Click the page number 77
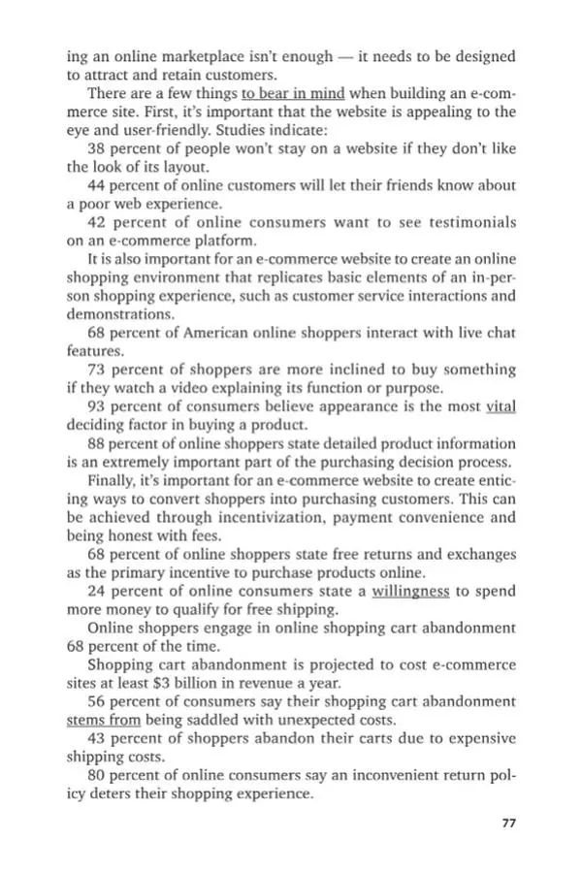click(x=507, y=824)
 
